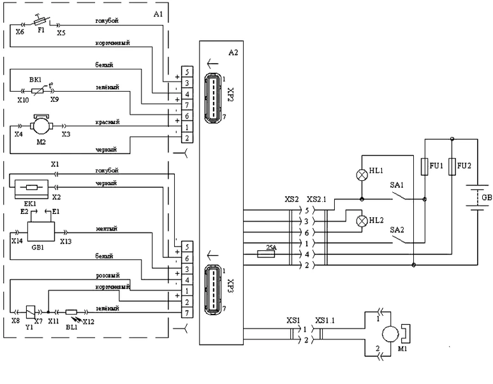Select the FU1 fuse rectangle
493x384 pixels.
pyautogui.click(x=425, y=167)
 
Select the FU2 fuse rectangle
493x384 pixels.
pyautogui.click(x=452, y=167)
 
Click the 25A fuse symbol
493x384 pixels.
pyautogui.click(x=265, y=253)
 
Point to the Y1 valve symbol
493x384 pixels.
pyautogui.click(x=29, y=311)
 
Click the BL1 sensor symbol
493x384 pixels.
pyautogui.click(x=71, y=312)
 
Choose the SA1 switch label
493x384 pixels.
pyautogui.click(x=395, y=185)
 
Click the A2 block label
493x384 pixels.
pyautogui.click(x=232, y=52)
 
